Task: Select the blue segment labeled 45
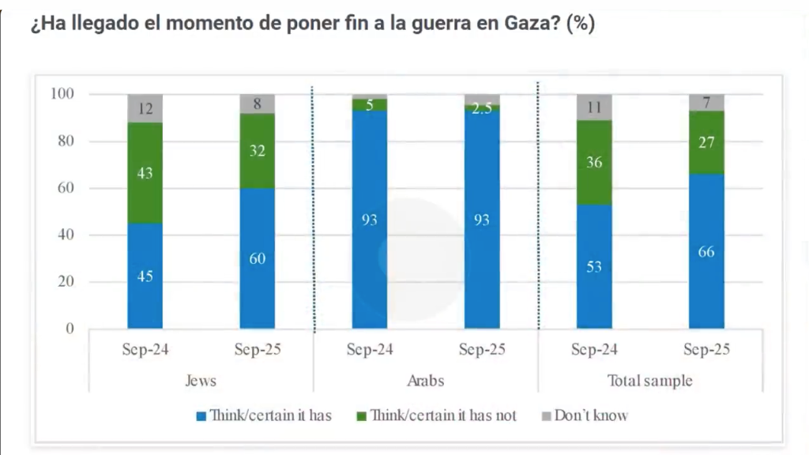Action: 145,276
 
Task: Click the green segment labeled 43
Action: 145,173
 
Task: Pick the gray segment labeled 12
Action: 145,108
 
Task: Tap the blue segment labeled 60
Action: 257,258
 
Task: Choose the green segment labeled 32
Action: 257,151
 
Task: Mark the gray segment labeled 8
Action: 257,103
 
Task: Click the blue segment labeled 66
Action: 706,251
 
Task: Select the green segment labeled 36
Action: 594,163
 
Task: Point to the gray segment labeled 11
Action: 594,107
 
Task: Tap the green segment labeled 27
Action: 706,142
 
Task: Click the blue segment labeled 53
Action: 594,266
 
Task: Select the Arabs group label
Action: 425,381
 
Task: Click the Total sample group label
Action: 649,381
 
